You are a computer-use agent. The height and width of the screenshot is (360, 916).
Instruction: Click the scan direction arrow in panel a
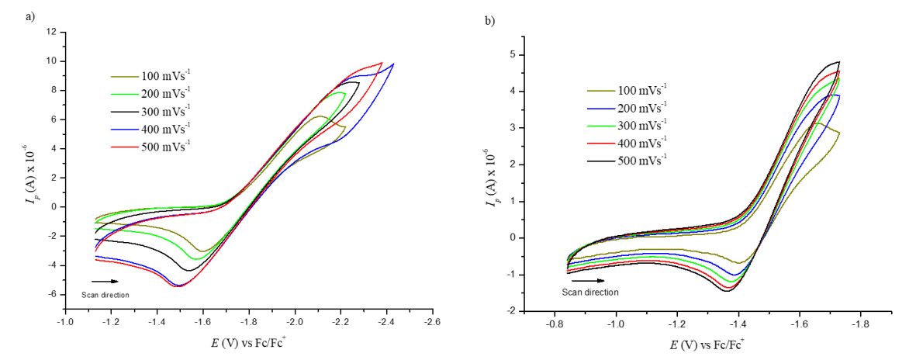click(x=101, y=282)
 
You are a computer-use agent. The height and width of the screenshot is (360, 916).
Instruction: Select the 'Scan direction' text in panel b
click(x=590, y=292)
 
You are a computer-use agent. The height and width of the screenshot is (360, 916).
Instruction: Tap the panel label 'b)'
click(x=489, y=21)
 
